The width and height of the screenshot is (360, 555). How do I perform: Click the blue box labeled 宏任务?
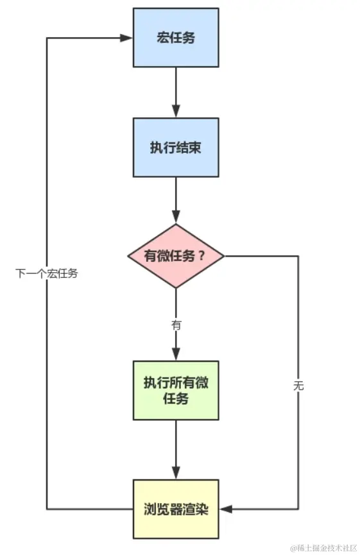pyautogui.click(x=175, y=37)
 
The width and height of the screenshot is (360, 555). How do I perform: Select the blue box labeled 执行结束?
pyautogui.click(x=175, y=147)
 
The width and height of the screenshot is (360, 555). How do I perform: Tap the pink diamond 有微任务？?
pyautogui.click(x=175, y=256)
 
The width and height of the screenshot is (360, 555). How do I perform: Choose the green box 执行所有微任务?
pyautogui.click(x=175, y=389)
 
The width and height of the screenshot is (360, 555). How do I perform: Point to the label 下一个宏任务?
pyautogui.click(x=47, y=273)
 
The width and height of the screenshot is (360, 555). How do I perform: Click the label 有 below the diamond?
pyautogui.click(x=176, y=325)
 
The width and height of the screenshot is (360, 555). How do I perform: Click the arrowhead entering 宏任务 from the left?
pyautogui.click(x=128, y=38)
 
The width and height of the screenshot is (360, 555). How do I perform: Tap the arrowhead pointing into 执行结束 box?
pyautogui.click(x=175, y=112)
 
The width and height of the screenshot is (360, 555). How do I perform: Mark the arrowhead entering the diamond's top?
pyautogui.click(x=175, y=218)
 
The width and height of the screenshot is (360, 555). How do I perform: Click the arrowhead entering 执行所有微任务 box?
pyautogui.click(x=175, y=355)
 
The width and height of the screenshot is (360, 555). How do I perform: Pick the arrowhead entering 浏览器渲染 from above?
pyautogui.click(x=175, y=474)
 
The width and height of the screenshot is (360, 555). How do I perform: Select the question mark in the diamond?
pyautogui.click(x=201, y=256)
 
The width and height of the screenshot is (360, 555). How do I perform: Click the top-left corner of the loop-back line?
pyautogui.click(x=47, y=38)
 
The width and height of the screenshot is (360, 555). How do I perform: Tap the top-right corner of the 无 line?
pyautogui.click(x=298, y=256)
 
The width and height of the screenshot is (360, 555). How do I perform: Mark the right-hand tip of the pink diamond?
pyautogui.click(x=225, y=256)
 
